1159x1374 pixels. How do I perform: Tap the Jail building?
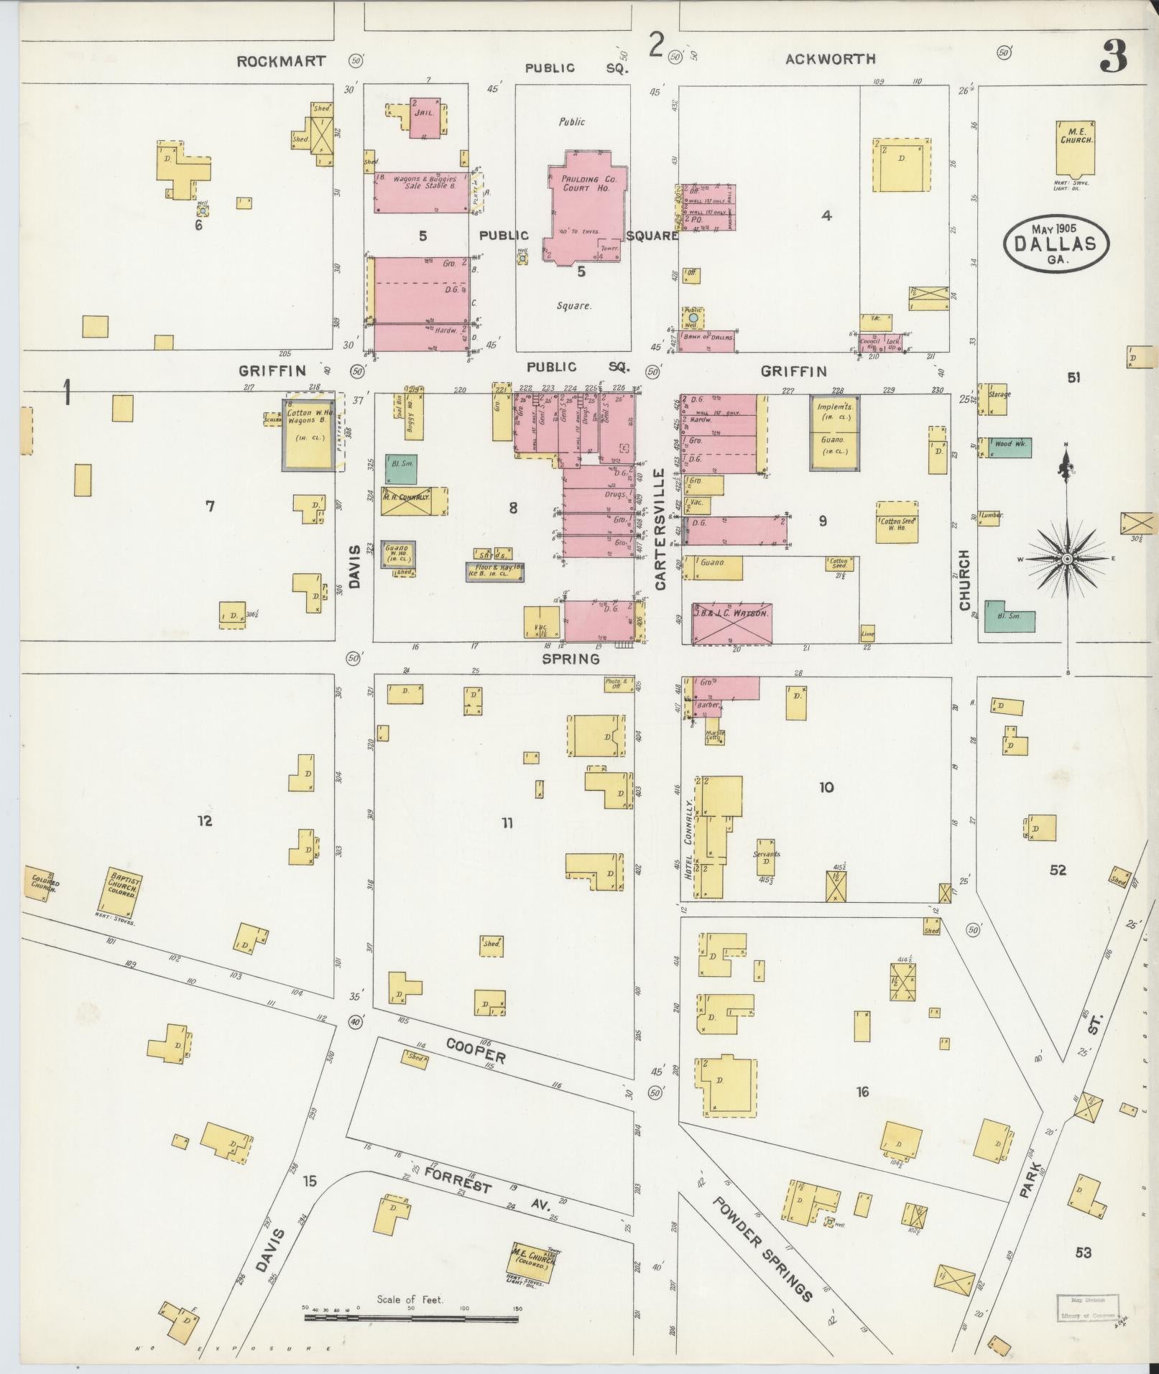(425, 117)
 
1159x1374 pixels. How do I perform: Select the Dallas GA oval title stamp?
(1056, 244)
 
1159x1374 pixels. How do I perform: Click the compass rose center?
(1067, 559)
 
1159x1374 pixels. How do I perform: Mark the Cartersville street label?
(660, 529)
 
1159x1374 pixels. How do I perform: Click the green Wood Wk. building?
(1010, 447)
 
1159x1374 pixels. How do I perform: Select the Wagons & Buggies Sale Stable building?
(420, 192)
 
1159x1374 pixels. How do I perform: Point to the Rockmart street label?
(280, 61)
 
